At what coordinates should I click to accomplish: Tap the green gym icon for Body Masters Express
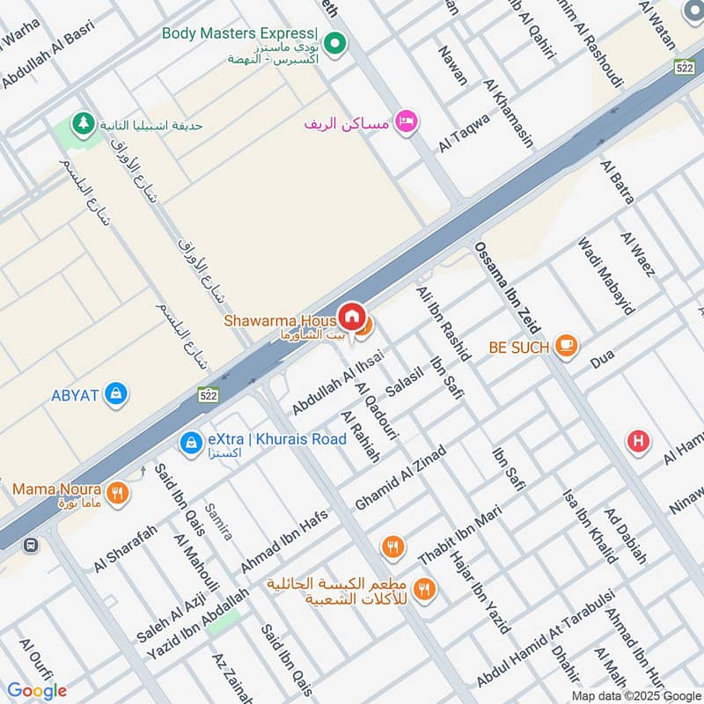click(334, 42)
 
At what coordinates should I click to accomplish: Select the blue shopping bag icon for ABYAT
click(114, 394)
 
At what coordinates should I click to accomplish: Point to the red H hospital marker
click(639, 442)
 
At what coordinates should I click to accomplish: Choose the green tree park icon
click(84, 124)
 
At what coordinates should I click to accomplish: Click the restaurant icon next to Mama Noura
click(117, 493)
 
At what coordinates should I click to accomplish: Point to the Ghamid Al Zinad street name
click(400, 478)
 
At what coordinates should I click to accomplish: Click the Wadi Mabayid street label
click(605, 275)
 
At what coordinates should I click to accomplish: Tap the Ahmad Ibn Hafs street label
click(284, 541)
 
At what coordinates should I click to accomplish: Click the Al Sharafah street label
click(125, 546)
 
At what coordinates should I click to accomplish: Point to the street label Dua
click(602, 359)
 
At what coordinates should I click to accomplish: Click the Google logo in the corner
click(37, 690)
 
